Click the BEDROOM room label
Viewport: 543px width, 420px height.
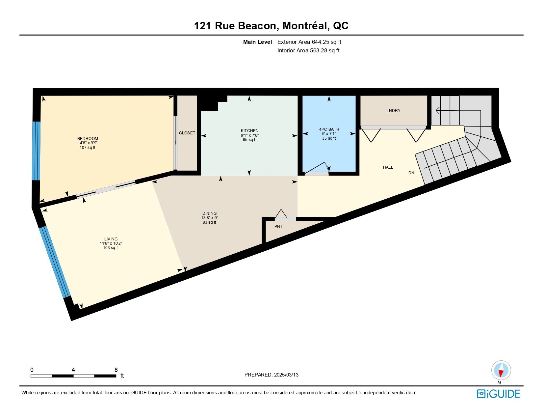[88, 139]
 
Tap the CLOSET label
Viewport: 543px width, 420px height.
[187, 133]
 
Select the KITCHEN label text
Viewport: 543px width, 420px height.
[250, 130]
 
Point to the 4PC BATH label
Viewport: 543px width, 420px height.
[329, 129]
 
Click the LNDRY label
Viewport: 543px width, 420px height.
[394, 111]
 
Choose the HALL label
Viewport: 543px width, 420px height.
[388, 167]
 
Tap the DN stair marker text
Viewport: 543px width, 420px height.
[411, 173]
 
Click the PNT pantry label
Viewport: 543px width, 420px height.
[278, 227]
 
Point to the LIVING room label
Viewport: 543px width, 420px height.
[111, 239]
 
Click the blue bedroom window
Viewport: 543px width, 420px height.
[36, 151]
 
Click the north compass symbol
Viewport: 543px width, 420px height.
[501, 371]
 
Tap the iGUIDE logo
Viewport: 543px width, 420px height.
[498, 394]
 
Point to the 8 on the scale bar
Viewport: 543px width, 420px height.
[116, 370]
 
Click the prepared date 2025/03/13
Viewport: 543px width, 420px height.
[286, 375]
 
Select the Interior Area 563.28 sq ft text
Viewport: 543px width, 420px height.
[308, 50]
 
